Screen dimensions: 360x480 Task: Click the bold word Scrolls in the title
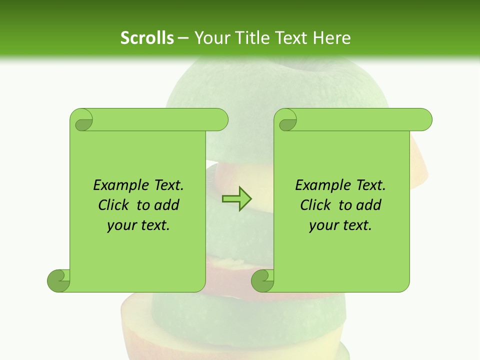[x=147, y=38]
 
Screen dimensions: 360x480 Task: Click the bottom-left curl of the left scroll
[x=58, y=280]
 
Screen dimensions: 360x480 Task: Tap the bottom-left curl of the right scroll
[x=262, y=280]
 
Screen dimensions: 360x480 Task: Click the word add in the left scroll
[x=167, y=205]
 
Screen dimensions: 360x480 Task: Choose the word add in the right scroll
[x=369, y=205]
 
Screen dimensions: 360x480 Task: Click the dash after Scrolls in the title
[x=183, y=38]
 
